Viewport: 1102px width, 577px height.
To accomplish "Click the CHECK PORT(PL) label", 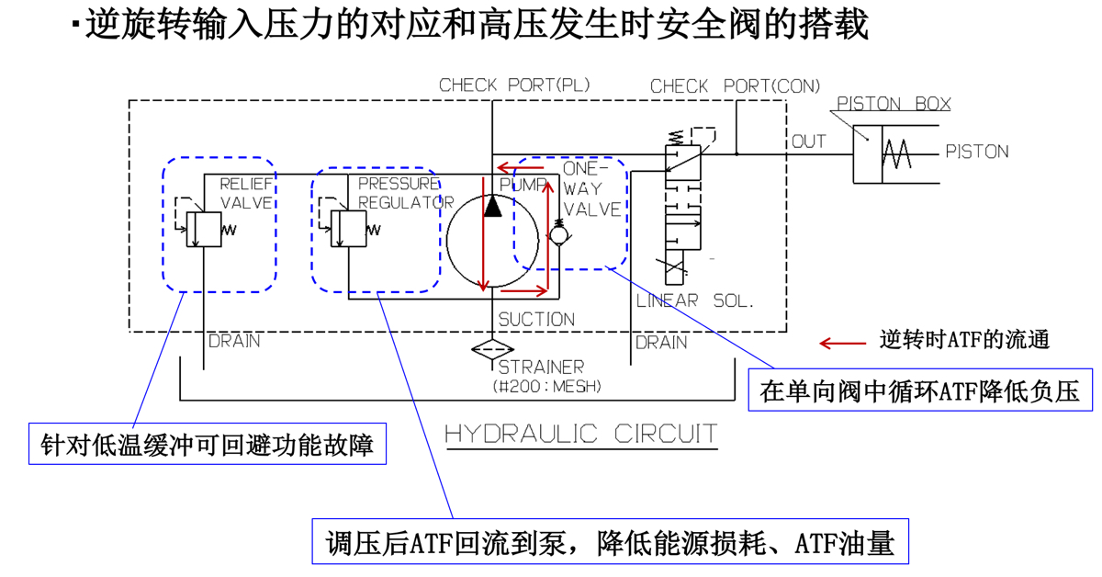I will (x=514, y=85).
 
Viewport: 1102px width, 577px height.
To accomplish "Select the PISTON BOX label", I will (x=894, y=104).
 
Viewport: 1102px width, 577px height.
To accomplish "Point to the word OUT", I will (x=809, y=141).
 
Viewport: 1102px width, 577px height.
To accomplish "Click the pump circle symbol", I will (x=493, y=241).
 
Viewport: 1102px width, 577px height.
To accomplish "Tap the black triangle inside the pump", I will (x=493, y=207).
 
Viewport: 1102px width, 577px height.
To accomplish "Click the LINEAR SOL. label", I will (x=695, y=300).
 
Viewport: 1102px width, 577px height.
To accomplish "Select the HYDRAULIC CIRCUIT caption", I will (x=581, y=434).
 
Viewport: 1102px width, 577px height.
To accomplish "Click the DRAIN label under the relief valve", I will (x=234, y=342).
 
